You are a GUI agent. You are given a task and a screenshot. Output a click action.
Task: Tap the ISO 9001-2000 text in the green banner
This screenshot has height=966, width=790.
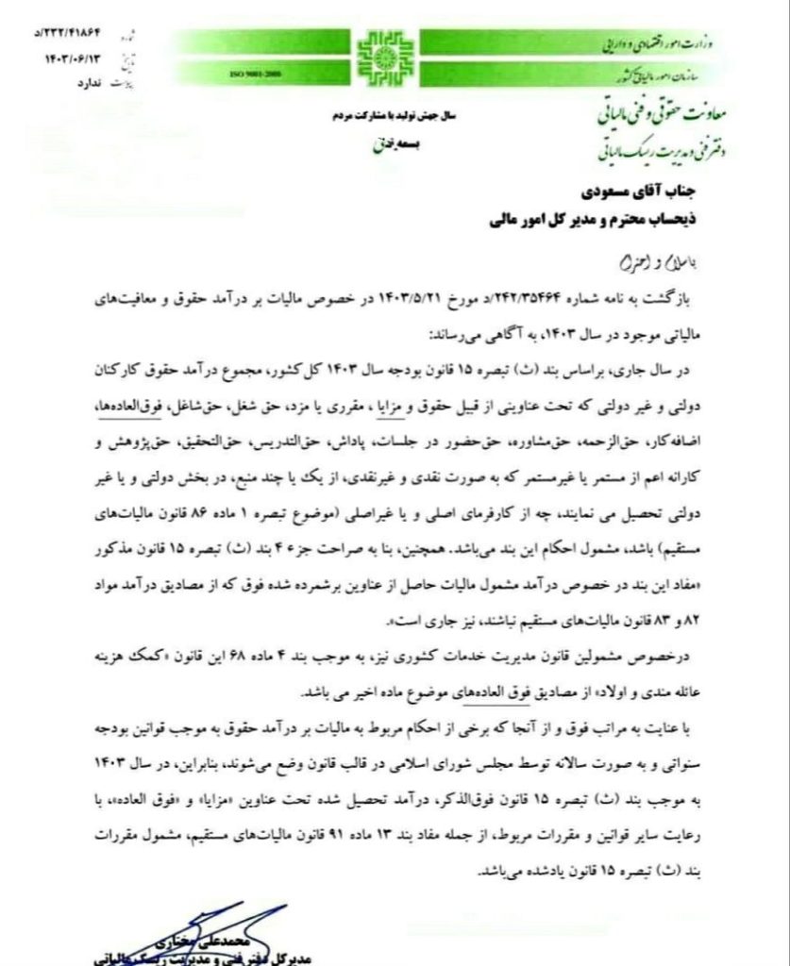(254, 73)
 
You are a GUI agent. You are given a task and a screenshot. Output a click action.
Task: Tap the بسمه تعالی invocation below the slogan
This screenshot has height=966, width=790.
(384, 146)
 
